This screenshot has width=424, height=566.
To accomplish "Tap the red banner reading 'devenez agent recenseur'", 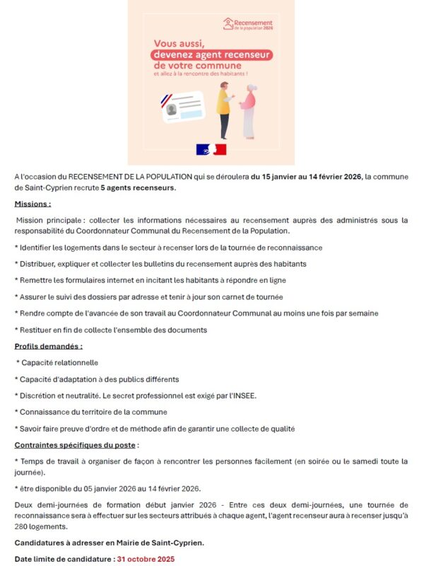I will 213,54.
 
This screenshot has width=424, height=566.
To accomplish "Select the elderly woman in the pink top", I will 249,111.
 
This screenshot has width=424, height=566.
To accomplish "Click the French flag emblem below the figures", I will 211,149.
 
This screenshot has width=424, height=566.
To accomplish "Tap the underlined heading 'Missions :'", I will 33,204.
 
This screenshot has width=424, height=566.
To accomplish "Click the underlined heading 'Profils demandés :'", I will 49,346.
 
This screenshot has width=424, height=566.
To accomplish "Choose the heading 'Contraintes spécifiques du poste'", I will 75,445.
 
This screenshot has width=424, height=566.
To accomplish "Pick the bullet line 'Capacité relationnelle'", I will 58,362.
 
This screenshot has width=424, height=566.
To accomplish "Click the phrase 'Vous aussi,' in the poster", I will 183,42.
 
